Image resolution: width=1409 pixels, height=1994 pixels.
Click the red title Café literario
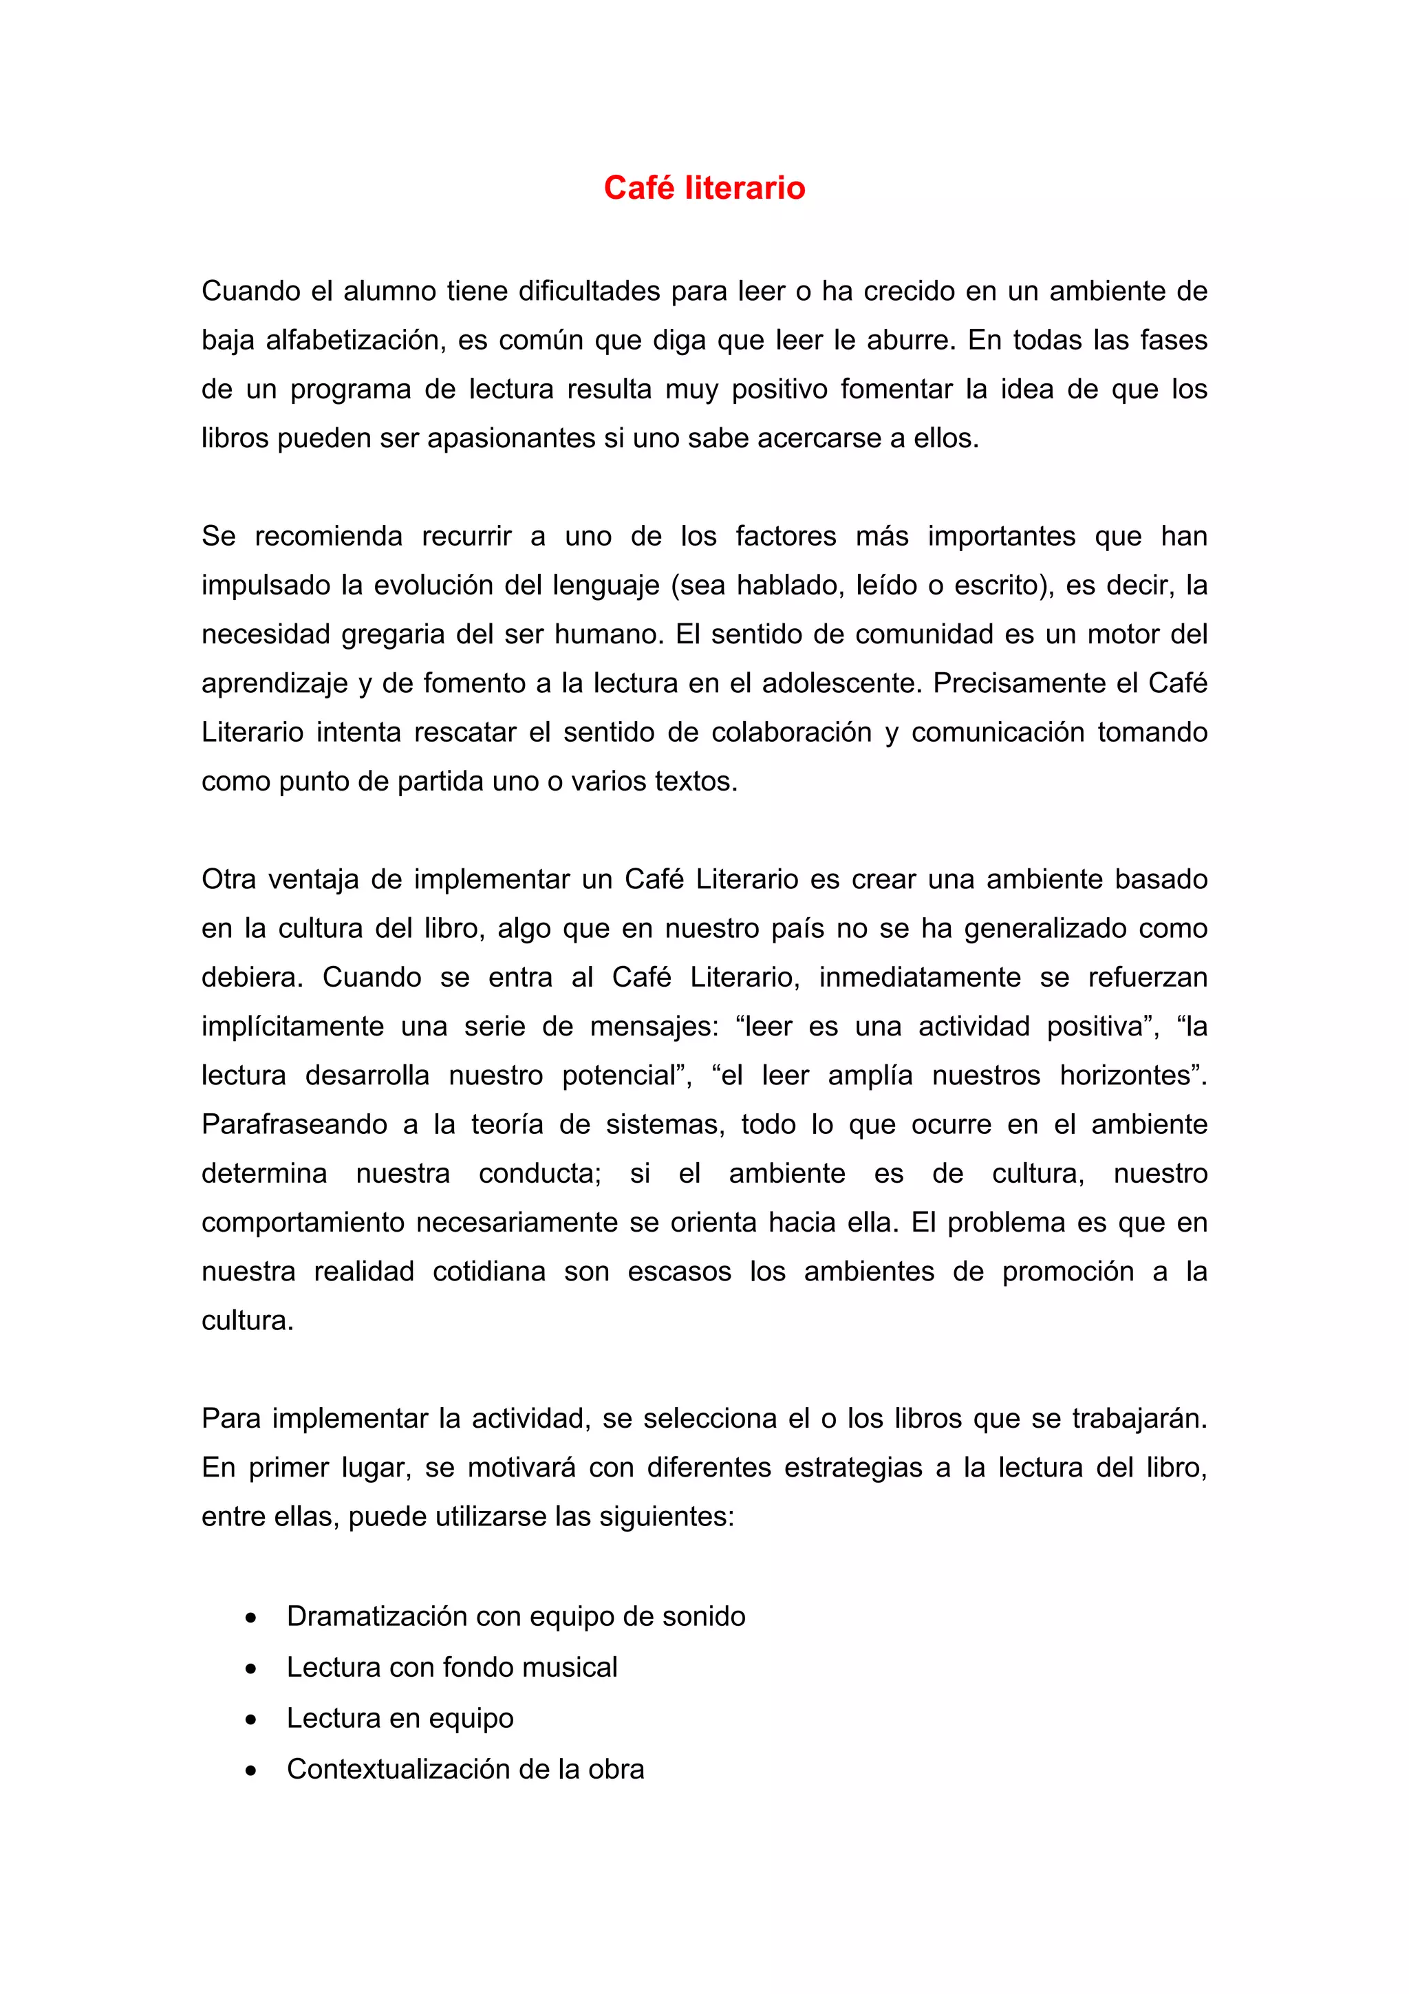coord(704,188)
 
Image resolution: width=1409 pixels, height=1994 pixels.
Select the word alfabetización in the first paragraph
coord(355,340)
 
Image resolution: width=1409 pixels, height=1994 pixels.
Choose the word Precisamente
coord(1018,683)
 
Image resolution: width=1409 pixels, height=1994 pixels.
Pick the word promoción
coord(1067,1272)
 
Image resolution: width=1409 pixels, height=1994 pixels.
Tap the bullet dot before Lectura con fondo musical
coord(251,1669)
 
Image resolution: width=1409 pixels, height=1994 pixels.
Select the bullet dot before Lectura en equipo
coord(251,1719)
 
